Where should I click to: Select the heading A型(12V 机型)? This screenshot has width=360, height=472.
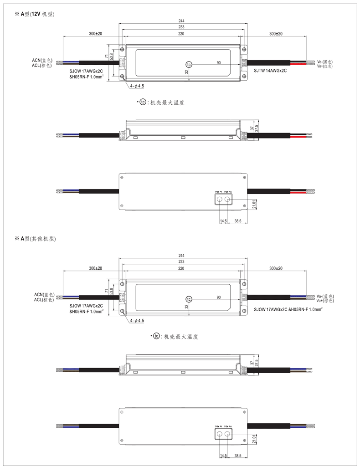pos(37,15)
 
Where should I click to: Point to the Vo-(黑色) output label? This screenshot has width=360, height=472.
pos(325,61)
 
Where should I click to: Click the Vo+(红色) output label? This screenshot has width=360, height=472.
pos(325,66)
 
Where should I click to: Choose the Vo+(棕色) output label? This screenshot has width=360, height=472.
pos(325,300)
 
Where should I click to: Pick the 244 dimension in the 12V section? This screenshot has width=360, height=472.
pos(181,21)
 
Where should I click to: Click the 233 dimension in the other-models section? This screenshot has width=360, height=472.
pos(181,262)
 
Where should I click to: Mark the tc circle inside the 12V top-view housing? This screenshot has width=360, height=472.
pos(189,65)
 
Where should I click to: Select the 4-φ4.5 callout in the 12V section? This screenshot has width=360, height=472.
pos(137,86)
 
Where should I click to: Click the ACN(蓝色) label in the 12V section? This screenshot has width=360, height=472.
pos(42,60)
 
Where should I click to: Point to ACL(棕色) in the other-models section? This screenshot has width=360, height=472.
pos(44,300)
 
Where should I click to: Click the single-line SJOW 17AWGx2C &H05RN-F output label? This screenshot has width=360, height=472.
pos(289,308)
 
